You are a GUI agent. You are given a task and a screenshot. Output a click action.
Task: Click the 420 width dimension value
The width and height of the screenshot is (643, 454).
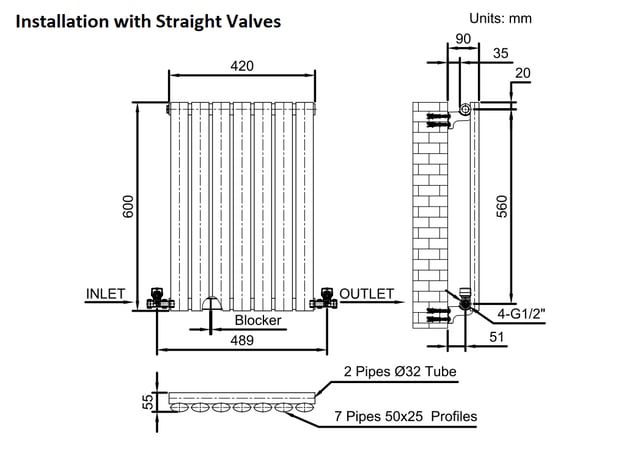(242, 66)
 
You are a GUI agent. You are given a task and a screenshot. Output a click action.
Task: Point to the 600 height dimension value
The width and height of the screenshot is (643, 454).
(128, 206)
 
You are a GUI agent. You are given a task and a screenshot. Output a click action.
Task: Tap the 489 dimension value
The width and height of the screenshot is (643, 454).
(242, 340)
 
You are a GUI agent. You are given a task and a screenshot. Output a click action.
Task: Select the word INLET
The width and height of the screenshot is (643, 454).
(105, 294)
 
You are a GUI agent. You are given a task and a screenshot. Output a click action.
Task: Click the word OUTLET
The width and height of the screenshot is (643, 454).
(367, 294)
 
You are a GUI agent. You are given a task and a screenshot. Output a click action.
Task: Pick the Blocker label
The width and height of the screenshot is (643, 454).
(258, 320)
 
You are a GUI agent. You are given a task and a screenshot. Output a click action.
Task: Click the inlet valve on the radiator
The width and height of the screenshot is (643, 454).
(158, 299)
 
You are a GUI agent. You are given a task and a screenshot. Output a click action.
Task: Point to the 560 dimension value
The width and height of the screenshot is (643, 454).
(502, 206)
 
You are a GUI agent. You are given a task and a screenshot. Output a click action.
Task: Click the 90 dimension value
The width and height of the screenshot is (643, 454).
(463, 39)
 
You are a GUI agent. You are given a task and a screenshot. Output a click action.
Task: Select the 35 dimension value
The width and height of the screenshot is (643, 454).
(500, 53)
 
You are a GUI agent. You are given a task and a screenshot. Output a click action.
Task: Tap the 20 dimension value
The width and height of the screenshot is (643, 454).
(522, 73)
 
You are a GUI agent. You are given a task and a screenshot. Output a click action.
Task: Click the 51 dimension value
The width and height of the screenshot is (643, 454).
(496, 337)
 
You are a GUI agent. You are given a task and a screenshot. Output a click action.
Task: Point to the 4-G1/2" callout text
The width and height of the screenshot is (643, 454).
(522, 314)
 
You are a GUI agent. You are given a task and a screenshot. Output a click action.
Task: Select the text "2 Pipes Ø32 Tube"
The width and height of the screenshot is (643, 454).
(400, 372)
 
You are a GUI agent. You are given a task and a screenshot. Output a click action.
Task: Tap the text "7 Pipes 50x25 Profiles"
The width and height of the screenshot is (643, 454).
(406, 417)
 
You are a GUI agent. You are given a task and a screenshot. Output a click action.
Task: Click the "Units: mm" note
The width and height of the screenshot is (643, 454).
(500, 18)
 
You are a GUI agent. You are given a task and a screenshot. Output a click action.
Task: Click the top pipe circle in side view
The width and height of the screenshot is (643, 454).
(465, 110)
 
